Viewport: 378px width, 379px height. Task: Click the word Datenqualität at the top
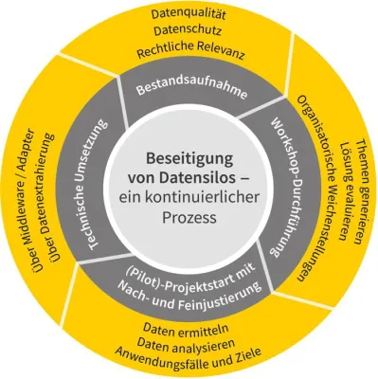click(x=190, y=12)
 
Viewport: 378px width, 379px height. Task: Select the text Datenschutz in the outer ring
click(x=190, y=32)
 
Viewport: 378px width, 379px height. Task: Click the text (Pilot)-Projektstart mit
click(x=189, y=276)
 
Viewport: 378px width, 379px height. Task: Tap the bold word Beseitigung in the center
click(x=189, y=158)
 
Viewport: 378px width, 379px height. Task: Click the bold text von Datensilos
click(x=189, y=177)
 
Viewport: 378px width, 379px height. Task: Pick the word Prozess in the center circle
click(x=189, y=217)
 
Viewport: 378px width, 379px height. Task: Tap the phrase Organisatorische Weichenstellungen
click(x=314, y=189)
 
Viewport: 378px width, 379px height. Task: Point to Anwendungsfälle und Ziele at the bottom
click(x=190, y=363)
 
